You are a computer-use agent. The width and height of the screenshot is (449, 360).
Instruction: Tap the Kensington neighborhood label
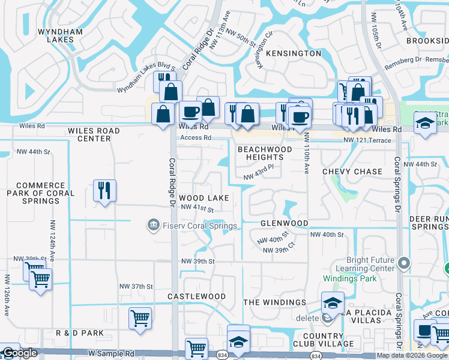293,53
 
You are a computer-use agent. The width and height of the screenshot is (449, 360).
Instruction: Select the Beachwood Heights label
265,153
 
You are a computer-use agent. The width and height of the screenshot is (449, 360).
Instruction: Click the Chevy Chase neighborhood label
352,172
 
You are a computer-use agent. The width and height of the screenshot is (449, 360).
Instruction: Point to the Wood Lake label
203,198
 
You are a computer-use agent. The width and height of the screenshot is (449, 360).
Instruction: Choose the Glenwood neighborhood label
284,223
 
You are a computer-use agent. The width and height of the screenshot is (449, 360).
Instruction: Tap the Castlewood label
196,296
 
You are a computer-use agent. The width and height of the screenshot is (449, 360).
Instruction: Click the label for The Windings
274,302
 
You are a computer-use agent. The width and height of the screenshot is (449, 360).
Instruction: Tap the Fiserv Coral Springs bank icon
154,225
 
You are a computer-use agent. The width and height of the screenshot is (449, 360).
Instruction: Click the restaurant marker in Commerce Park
105,191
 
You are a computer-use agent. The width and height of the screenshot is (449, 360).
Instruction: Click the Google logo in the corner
19,353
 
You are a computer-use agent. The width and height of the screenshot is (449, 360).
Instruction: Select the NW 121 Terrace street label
367,140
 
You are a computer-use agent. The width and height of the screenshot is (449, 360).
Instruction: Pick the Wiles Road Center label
94,134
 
